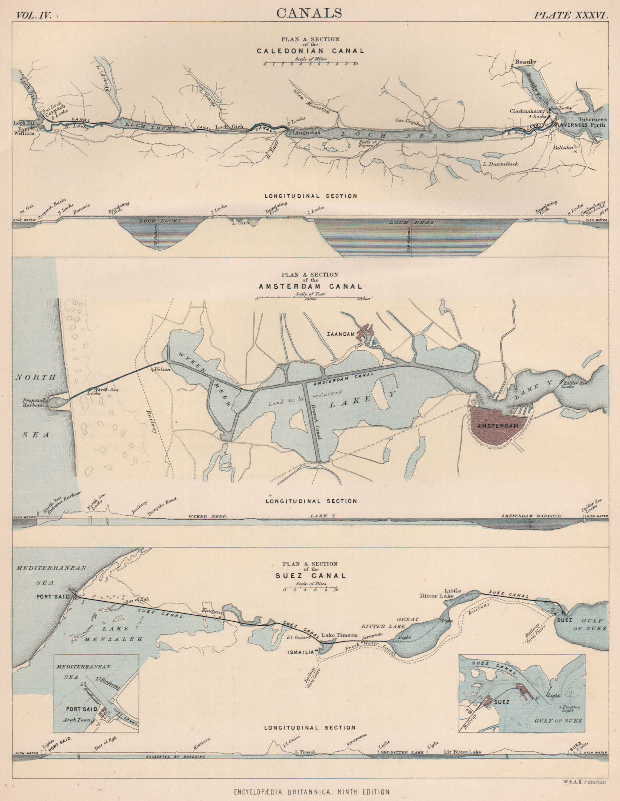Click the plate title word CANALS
[x=310, y=13]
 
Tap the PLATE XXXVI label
[x=570, y=15]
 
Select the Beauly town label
[x=525, y=62]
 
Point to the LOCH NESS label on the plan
[x=395, y=135]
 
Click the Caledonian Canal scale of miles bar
[x=310, y=64]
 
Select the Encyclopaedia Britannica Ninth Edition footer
[x=310, y=792]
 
